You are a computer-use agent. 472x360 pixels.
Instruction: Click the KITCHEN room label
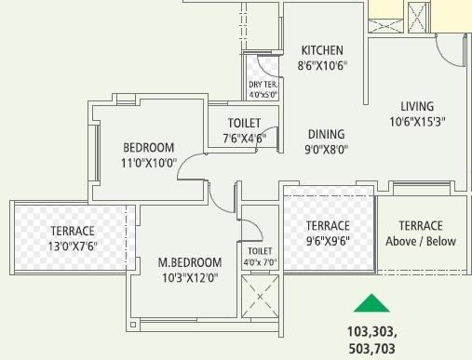[x=322, y=50]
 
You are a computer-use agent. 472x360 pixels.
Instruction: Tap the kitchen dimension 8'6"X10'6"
[x=322, y=66]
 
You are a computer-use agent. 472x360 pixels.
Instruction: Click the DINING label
[x=326, y=134]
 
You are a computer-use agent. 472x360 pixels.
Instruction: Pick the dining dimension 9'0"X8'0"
[x=326, y=148]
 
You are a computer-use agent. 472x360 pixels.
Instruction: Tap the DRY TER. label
[x=263, y=85]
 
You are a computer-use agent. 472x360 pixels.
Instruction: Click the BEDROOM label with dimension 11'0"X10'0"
[x=149, y=147]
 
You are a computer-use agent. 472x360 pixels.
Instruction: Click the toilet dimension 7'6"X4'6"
[x=244, y=139]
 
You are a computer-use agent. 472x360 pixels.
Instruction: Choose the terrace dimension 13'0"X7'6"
[x=72, y=246]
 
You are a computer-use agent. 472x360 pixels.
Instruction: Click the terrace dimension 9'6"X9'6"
[x=328, y=241]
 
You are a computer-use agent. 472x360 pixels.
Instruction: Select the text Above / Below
[x=421, y=241]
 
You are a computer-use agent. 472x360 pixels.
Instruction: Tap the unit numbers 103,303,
[x=371, y=332]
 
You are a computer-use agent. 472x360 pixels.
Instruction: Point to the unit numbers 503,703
[x=371, y=348]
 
